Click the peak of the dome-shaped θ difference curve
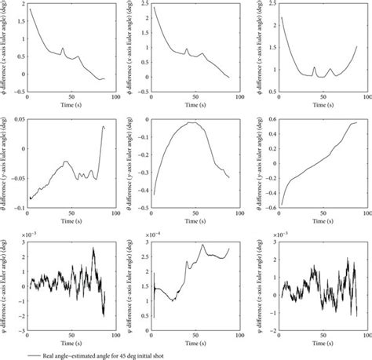(x=190, y=122)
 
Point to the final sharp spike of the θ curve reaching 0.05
(x=104, y=125)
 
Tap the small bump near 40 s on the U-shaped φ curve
(x=314, y=67)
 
